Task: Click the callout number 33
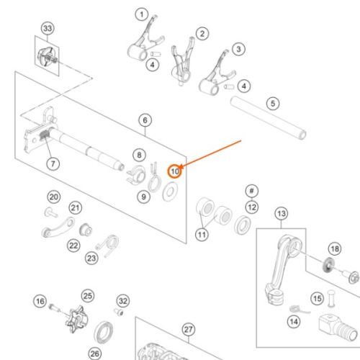[x=48, y=28]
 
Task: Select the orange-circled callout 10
[x=174, y=171]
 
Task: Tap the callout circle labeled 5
[x=273, y=104]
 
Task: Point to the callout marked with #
[x=252, y=191]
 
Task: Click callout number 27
[x=189, y=330]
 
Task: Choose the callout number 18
[x=335, y=249]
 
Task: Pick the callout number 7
[x=53, y=163]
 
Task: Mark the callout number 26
[x=95, y=354]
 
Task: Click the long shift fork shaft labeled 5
[x=268, y=117]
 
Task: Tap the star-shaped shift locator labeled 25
[x=77, y=320]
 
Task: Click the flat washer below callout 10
[x=170, y=192]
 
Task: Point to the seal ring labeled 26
[x=104, y=333]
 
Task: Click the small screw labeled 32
[x=119, y=312]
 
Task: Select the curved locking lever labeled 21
[x=58, y=228]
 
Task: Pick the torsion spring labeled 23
[x=108, y=246]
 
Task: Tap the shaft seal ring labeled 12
[x=243, y=225]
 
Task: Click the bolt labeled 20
[x=51, y=212]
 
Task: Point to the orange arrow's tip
[x=179, y=167]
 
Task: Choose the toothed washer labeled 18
[x=328, y=265]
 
